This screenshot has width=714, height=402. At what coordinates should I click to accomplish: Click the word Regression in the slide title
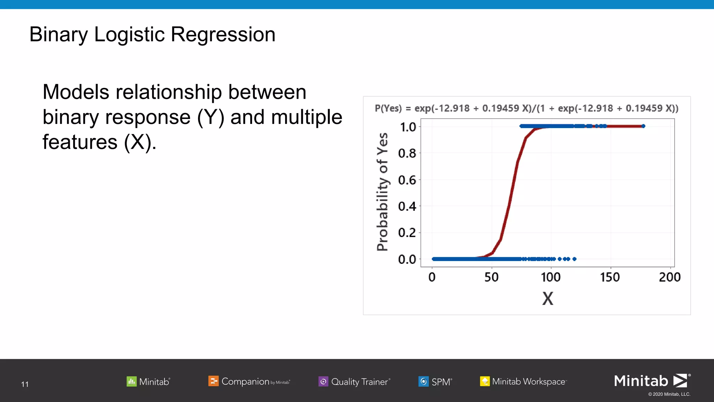click(223, 35)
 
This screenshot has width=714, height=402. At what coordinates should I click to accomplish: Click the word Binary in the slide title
click(59, 35)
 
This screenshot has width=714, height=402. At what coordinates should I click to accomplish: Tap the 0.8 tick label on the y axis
click(407, 153)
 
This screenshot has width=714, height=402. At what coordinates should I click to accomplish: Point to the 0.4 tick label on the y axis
click(407, 206)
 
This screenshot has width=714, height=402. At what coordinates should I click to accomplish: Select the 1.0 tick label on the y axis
click(408, 127)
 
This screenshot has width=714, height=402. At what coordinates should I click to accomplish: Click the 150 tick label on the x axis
click(610, 277)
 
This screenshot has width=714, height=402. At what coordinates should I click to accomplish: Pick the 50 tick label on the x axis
click(491, 277)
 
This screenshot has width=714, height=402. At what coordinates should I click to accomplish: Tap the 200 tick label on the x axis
click(669, 277)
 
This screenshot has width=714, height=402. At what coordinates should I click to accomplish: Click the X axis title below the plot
click(548, 299)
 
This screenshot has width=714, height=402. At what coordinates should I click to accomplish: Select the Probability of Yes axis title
click(382, 192)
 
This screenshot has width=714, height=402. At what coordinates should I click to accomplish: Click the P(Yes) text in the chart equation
click(388, 109)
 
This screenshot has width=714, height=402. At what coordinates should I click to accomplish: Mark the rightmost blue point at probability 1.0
click(643, 126)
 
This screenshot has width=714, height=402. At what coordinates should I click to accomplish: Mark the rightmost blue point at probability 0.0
click(575, 259)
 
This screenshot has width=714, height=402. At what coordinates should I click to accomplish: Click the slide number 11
click(25, 384)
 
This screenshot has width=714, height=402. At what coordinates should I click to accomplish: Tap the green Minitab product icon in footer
click(131, 381)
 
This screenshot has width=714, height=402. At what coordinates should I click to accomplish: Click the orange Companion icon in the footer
click(213, 381)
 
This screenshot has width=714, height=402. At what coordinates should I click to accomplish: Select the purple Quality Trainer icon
click(323, 381)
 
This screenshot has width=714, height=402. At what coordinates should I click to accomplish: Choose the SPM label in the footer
click(441, 382)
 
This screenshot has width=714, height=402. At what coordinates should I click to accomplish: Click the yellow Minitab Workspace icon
click(485, 381)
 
